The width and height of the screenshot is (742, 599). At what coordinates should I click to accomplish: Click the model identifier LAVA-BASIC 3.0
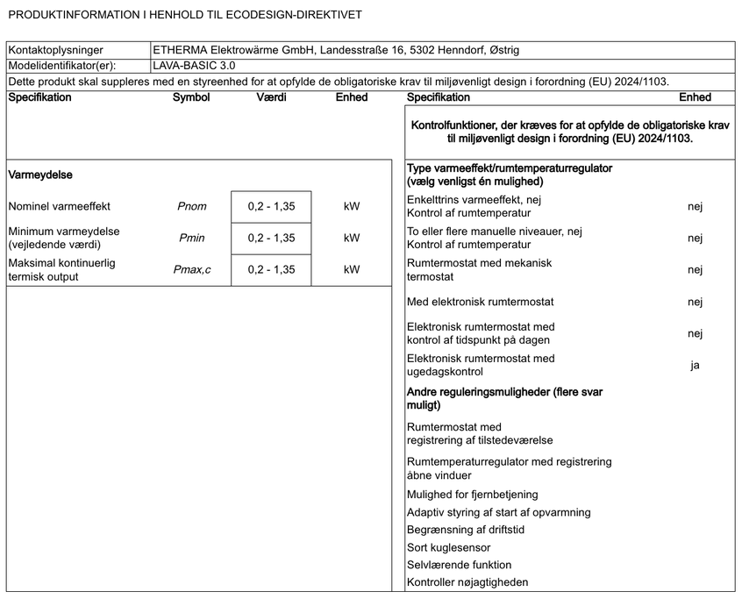pyautogui.click(x=193, y=65)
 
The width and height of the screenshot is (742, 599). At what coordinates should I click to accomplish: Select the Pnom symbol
pyautogui.click(x=192, y=207)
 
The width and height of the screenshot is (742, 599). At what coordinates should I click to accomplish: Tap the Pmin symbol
pyautogui.click(x=192, y=238)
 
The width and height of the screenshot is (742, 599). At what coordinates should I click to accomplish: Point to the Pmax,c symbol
pyautogui.click(x=192, y=269)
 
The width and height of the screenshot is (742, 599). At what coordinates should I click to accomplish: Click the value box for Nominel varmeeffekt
pyautogui.click(x=271, y=207)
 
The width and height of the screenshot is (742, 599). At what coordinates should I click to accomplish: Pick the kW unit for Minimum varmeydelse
pyautogui.click(x=352, y=238)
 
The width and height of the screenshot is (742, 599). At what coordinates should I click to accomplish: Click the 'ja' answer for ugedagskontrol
pyautogui.click(x=695, y=365)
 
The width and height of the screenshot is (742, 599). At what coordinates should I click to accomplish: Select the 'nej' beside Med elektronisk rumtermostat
pyautogui.click(x=695, y=302)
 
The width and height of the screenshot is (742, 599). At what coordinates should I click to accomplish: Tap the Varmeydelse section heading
pyautogui.click(x=40, y=175)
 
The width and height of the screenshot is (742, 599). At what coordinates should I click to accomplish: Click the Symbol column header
pyautogui.click(x=191, y=97)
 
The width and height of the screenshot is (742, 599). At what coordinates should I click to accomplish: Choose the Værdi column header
pyautogui.click(x=271, y=97)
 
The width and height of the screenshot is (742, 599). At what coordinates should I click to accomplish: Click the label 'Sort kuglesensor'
pyautogui.click(x=449, y=547)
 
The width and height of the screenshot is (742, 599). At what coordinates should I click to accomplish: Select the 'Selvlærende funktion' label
pyautogui.click(x=459, y=565)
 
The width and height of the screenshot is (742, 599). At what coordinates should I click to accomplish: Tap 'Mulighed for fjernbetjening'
pyautogui.click(x=473, y=495)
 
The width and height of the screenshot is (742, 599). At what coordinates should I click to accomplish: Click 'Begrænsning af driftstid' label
pyautogui.click(x=466, y=530)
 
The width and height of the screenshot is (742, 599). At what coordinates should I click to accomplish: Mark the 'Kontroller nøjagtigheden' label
pyautogui.click(x=467, y=582)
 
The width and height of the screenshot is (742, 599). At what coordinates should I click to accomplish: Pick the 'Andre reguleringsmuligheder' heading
pyautogui.click(x=517, y=393)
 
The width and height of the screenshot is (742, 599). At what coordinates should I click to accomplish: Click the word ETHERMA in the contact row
pyautogui.click(x=181, y=50)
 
